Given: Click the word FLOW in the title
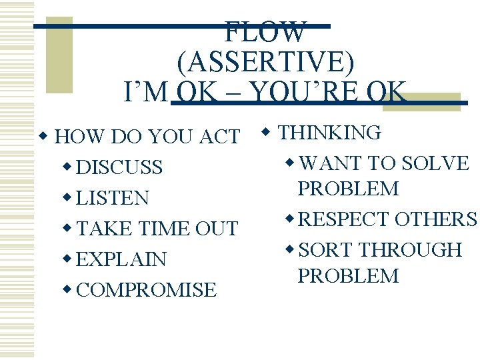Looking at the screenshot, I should (x=266, y=31).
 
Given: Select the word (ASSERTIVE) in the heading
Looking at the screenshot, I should (x=266, y=61).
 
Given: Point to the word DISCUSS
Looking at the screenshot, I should (x=119, y=167).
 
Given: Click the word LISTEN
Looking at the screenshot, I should (x=113, y=198).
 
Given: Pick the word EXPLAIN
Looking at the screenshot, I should (x=121, y=259).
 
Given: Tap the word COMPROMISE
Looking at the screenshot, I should (x=147, y=290).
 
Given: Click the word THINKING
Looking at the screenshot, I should (x=329, y=133).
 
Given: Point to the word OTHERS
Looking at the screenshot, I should (x=436, y=219).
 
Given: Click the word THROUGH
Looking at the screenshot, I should (x=409, y=250).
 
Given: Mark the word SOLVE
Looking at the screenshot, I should (x=437, y=163).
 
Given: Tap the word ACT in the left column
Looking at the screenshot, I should (x=219, y=137).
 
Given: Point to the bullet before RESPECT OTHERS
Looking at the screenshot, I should (x=289, y=219).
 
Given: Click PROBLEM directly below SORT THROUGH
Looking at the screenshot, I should (x=348, y=276).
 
